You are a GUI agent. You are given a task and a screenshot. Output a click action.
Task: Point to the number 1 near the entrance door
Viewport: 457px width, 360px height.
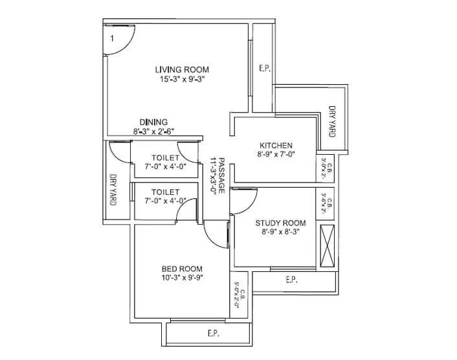click(x=112, y=39)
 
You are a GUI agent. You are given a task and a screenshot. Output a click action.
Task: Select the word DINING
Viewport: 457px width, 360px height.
click(x=154, y=122)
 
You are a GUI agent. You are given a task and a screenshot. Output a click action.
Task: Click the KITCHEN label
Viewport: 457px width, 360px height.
click(x=276, y=145)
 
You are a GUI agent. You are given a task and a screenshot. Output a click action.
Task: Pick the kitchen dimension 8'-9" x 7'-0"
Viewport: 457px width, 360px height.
click(x=276, y=155)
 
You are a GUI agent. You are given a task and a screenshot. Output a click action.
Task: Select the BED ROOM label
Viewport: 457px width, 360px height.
click(x=182, y=269)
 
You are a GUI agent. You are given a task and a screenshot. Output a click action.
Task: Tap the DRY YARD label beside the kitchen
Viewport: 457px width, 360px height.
click(x=332, y=121)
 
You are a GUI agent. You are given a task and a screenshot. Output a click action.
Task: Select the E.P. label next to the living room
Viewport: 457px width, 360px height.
click(x=263, y=67)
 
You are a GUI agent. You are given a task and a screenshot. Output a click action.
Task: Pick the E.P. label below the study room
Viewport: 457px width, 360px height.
click(x=292, y=280)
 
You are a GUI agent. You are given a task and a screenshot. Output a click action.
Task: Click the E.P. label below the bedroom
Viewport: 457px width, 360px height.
click(x=213, y=334)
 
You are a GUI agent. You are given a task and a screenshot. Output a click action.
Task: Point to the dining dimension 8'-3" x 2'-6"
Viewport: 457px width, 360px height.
click(x=154, y=131)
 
